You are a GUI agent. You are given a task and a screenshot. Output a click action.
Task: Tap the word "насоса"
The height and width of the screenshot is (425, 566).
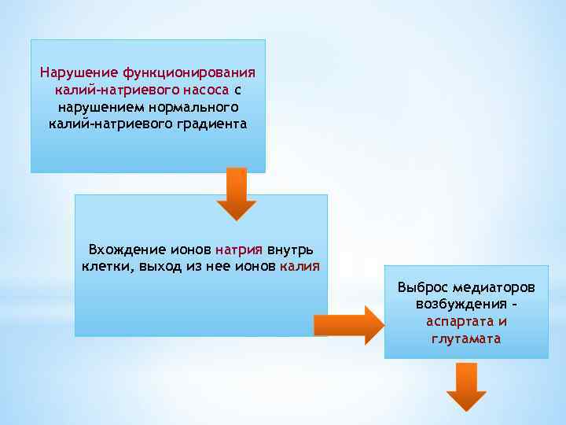pos(207,90)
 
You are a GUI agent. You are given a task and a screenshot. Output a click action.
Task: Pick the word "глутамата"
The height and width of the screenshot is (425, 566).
pos(466,338)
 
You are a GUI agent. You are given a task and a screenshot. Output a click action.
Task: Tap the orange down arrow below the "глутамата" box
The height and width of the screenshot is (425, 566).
pos(467,386)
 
